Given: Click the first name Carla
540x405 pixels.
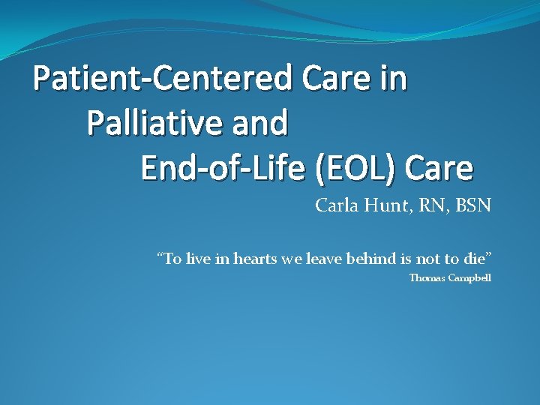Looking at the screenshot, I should click(336, 205).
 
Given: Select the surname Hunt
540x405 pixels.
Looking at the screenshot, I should click(385, 205).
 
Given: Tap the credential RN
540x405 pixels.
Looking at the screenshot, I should click(431, 205).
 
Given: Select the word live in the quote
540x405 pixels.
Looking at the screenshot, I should click(199, 259).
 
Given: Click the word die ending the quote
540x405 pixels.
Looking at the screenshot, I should click(478, 259).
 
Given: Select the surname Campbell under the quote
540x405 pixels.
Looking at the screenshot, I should click(470, 278).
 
